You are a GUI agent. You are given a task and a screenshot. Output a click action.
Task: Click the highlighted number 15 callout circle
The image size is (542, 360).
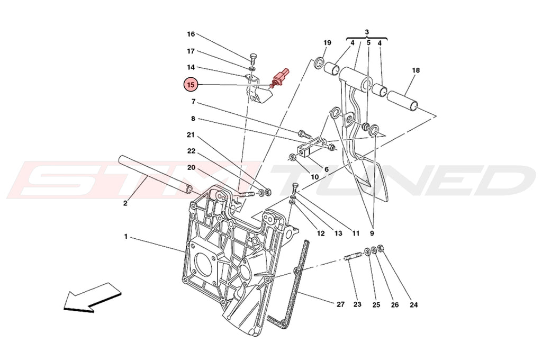192,84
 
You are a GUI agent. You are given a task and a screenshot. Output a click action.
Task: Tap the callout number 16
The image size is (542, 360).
191,34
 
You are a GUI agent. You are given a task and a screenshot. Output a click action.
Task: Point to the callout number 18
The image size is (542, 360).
415,70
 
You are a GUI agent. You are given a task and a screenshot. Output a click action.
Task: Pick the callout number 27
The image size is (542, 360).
340,304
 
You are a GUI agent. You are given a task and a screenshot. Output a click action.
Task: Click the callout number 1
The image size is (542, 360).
126,237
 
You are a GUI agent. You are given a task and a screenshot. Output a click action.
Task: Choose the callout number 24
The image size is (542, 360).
414,304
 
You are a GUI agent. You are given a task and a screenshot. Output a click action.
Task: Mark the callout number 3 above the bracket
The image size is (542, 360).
367,32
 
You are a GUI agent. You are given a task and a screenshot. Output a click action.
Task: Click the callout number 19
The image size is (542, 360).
327,42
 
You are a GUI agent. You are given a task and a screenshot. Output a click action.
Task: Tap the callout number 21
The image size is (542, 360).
191,134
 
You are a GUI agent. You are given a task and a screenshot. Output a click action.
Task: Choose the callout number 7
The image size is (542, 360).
194,101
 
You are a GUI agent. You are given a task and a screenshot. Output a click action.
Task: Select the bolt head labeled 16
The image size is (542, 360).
253,57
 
